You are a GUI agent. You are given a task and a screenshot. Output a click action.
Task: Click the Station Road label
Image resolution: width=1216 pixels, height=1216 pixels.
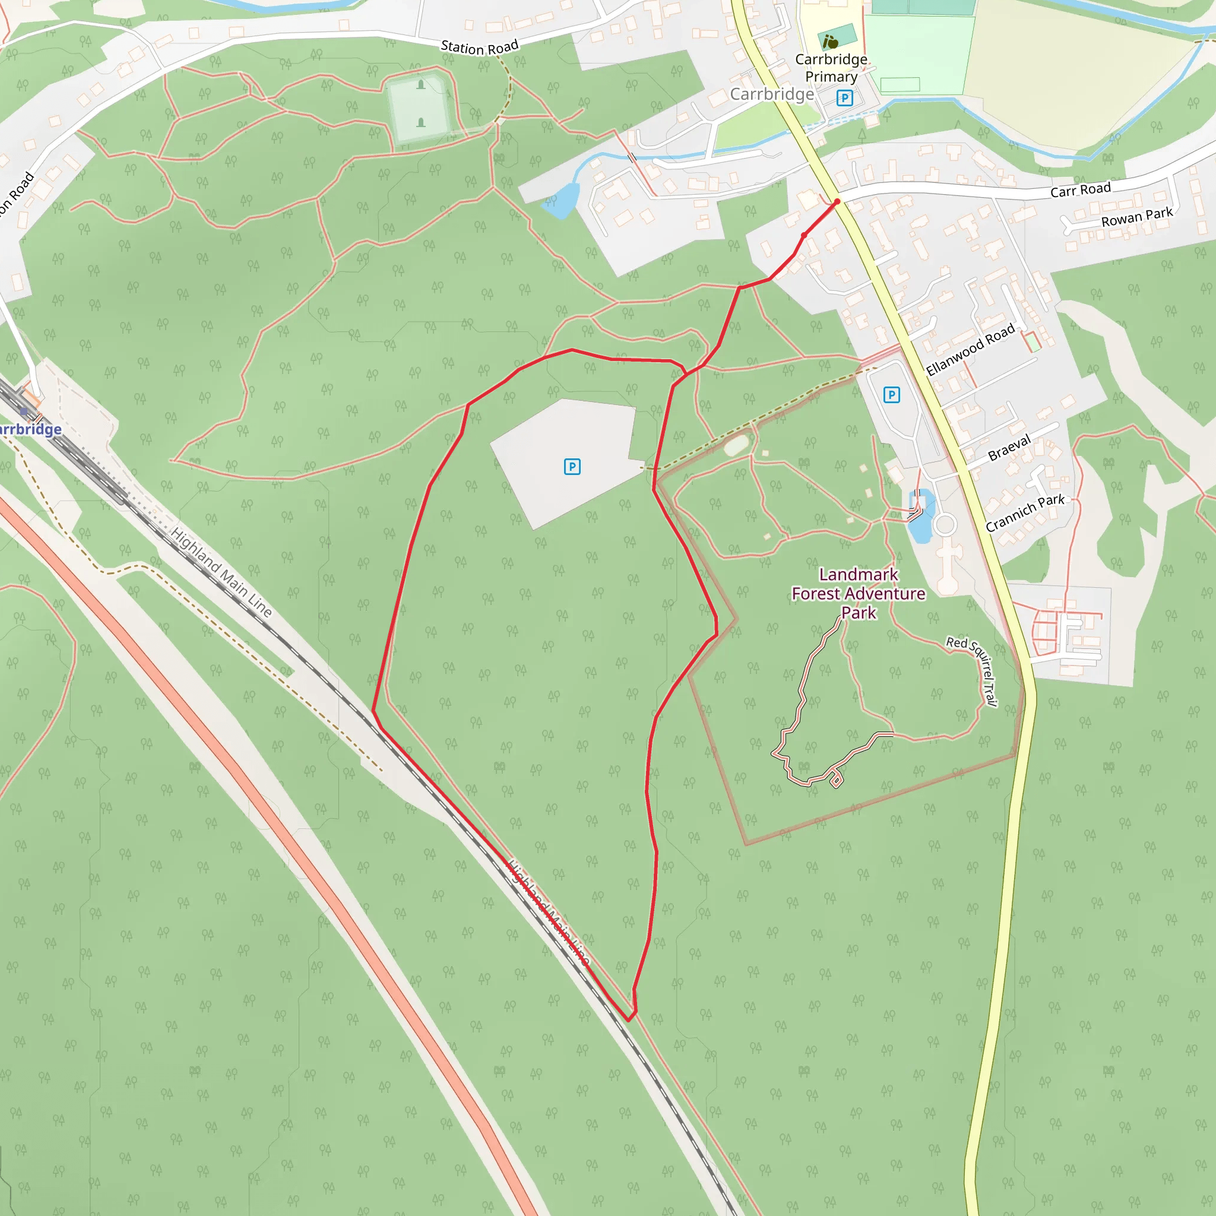tap(479, 46)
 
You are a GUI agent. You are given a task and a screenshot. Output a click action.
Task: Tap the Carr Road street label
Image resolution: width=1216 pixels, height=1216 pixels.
tap(1080, 189)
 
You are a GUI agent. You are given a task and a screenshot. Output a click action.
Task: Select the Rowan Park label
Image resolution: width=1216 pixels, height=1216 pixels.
tap(1136, 217)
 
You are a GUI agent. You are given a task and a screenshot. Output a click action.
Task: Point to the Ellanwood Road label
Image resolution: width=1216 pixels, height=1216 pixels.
tap(970, 349)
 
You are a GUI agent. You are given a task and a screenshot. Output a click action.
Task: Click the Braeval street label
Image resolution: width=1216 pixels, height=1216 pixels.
tap(1009, 448)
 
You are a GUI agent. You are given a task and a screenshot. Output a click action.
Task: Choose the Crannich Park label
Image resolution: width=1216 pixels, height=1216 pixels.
tap(1025, 512)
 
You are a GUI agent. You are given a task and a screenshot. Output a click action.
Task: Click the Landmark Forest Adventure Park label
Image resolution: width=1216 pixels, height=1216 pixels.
tap(859, 593)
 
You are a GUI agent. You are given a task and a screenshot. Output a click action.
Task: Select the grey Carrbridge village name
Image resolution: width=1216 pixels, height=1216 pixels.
tap(772, 94)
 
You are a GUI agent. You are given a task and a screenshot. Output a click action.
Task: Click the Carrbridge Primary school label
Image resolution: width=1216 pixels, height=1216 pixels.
tap(831, 68)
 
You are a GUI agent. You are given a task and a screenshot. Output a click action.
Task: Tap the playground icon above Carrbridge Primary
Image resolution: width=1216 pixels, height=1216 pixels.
tap(831, 42)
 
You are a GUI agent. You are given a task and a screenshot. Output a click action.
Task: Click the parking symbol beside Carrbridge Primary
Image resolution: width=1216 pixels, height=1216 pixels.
tap(845, 97)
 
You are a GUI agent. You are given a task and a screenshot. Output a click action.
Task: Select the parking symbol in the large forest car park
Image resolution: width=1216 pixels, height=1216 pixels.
tap(572, 466)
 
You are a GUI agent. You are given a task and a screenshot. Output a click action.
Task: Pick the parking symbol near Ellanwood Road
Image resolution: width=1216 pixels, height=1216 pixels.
tap(891, 395)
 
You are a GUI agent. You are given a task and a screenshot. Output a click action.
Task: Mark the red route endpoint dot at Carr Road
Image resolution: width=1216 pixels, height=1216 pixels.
tap(837, 201)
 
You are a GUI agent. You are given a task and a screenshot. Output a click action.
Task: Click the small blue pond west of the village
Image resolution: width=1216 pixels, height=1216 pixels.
tap(560, 200)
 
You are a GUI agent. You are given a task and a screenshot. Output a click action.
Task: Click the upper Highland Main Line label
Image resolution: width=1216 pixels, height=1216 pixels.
tap(221, 572)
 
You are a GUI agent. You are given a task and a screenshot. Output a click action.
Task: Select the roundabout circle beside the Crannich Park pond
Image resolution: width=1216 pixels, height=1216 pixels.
tap(945, 524)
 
